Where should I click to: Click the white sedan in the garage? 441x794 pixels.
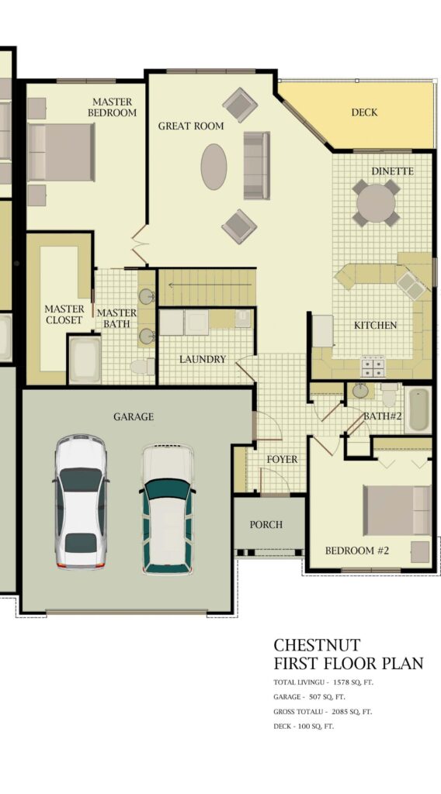(x=81, y=501)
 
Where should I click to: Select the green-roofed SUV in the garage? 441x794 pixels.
(x=167, y=509)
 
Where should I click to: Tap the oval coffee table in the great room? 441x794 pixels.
(x=214, y=167)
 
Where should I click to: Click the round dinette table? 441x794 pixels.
(x=376, y=203)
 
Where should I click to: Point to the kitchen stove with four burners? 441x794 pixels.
(x=373, y=366)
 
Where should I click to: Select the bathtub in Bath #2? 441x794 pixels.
(x=418, y=409)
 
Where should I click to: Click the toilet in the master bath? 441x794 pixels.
(x=142, y=366)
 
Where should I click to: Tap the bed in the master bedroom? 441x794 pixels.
(x=61, y=152)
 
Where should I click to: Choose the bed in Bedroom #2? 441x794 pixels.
(x=397, y=510)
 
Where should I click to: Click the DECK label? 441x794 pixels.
(x=364, y=112)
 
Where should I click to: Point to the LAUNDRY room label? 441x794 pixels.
(x=202, y=359)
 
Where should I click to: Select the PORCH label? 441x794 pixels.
(x=266, y=525)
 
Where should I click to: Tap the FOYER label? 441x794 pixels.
(x=283, y=459)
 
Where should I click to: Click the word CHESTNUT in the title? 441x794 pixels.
(x=317, y=644)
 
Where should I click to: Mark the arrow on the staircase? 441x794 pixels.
(x=210, y=285)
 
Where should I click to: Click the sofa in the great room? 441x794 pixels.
(x=256, y=165)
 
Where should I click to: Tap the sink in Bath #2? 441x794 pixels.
(x=360, y=391)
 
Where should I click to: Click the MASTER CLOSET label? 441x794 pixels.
(x=64, y=315)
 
